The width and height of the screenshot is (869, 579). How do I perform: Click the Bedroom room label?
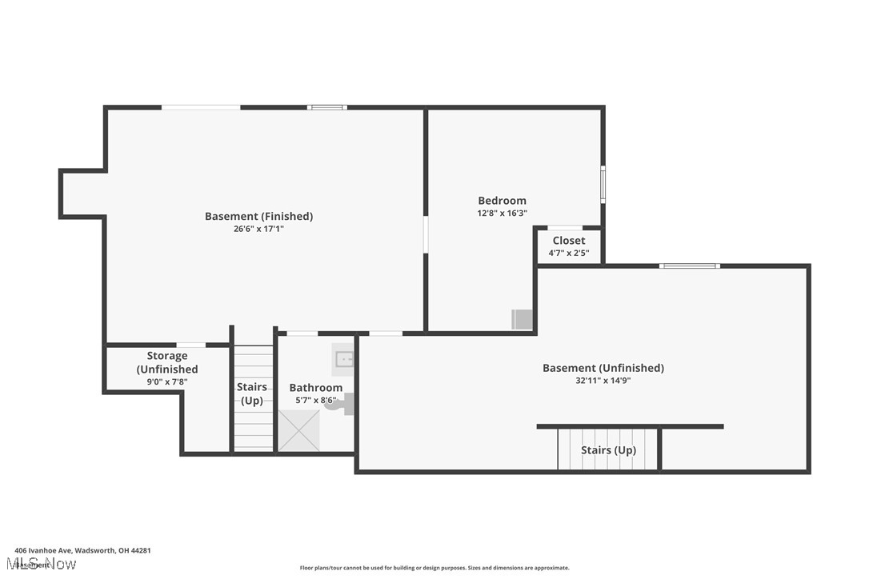tap(502, 201)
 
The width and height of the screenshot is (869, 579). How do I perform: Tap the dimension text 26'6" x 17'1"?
tap(258, 229)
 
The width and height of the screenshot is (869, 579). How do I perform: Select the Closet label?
tap(568, 241)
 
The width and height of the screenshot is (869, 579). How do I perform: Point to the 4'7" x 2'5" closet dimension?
tap(568, 254)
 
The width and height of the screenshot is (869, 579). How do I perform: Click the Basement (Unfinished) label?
tap(603, 368)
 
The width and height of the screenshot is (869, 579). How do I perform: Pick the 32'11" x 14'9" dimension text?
tap(603, 381)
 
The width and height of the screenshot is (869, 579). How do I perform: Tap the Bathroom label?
tap(315, 388)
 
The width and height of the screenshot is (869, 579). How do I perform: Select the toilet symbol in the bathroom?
tap(344, 405)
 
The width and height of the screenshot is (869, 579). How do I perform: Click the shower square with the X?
tap(298, 430)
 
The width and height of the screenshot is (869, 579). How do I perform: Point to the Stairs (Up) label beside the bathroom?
tap(252, 393)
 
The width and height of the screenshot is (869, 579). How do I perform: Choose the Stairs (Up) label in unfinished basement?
tap(608, 450)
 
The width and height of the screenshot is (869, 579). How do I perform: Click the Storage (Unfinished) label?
tap(166, 362)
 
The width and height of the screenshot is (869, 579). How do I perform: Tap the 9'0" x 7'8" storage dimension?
tap(166, 381)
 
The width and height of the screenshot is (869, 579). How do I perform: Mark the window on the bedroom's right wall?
tap(603, 184)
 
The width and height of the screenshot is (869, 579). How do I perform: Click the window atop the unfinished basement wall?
tap(689, 266)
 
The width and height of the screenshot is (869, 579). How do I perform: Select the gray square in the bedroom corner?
tap(522, 319)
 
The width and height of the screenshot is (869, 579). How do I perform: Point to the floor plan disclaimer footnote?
tap(434, 568)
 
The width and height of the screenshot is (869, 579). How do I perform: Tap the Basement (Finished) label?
tap(258, 216)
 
